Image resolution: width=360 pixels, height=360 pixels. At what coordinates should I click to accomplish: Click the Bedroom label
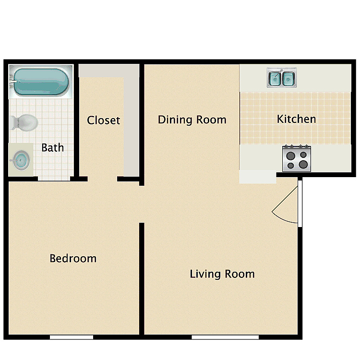[73, 259]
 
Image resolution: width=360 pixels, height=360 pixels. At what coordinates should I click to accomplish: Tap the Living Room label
[222, 274]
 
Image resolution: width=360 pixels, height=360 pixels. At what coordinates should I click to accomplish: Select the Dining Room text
[192, 120]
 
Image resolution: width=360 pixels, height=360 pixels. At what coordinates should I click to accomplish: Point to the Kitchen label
[297, 119]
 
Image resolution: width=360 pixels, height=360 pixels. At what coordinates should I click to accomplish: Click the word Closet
[104, 120]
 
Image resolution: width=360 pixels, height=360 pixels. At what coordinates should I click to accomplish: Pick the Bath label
[53, 148]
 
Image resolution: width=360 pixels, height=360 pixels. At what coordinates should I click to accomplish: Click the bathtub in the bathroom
[41, 82]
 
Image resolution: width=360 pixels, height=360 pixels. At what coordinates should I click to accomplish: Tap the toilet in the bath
[24, 122]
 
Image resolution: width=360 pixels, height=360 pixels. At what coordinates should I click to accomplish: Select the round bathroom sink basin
[21, 160]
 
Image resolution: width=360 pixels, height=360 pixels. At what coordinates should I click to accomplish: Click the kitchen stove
[297, 158]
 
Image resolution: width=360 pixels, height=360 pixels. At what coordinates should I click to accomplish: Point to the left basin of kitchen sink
[275, 79]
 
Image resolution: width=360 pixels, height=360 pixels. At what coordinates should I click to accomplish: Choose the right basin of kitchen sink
[288, 79]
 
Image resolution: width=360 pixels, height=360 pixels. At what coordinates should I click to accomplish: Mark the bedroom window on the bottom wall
[72, 337]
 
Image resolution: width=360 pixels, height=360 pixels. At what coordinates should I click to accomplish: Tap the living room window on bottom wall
[225, 337]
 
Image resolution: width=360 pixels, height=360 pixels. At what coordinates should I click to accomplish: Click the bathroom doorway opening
[54, 179]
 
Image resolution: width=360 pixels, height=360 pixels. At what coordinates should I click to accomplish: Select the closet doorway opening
[102, 179]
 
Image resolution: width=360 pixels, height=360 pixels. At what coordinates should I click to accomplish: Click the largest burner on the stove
[303, 164]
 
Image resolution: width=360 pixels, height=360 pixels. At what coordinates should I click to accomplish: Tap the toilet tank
[12, 122]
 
